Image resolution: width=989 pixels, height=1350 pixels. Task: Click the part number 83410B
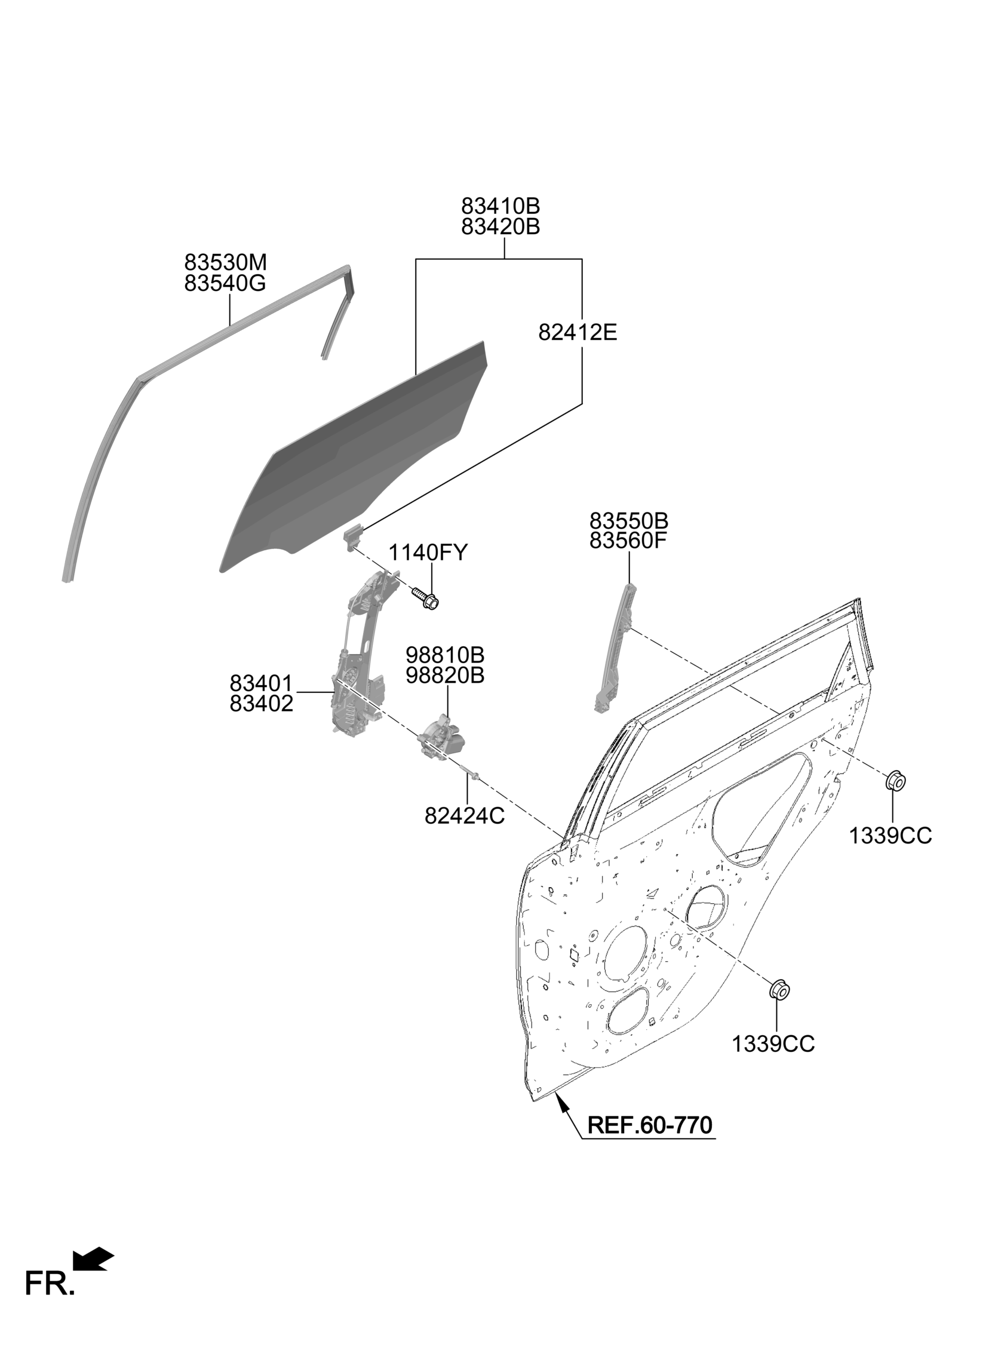(500, 206)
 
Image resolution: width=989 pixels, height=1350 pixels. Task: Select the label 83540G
(225, 283)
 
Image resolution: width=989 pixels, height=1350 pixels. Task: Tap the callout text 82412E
(577, 332)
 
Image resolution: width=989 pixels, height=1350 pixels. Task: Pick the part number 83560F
(628, 541)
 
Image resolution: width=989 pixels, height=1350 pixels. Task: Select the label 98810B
(445, 653)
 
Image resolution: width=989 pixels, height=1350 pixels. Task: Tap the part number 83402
(262, 704)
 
